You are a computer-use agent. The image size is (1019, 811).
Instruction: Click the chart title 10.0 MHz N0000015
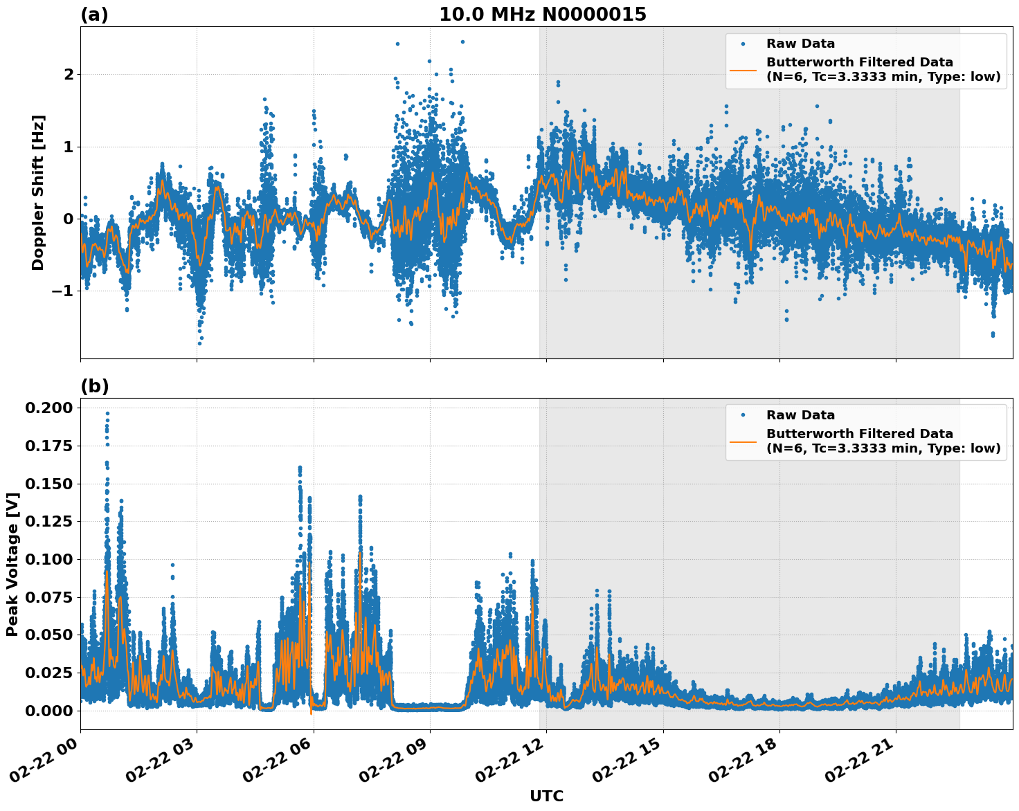click(x=542, y=15)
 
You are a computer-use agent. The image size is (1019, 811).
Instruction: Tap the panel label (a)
click(x=94, y=15)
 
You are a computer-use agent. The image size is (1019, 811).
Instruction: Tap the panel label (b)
click(x=94, y=386)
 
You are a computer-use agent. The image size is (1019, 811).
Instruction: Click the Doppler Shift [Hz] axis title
click(x=38, y=192)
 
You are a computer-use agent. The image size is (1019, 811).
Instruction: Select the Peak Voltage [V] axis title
click(x=12, y=564)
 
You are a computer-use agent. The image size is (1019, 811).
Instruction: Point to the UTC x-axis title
click(x=546, y=796)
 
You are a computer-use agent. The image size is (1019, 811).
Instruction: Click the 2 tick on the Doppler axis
click(x=69, y=74)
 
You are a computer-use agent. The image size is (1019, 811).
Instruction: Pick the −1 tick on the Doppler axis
click(x=62, y=291)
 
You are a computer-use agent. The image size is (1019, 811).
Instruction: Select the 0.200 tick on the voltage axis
click(x=48, y=408)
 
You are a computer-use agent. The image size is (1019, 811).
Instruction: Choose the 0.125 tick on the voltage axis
click(x=48, y=521)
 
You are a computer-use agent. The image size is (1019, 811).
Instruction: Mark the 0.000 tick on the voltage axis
click(x=48, y=711)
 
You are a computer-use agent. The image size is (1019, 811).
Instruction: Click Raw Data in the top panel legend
click(x=800, y=44)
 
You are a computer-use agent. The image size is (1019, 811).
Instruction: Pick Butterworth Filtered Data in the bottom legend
click(x=859, y=434)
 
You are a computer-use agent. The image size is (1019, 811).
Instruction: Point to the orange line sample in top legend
click(x=743, y=69)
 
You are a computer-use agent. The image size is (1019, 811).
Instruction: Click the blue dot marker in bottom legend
click(x=743, y=415)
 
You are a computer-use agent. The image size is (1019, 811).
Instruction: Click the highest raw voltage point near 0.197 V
click(x=107, y=413)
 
